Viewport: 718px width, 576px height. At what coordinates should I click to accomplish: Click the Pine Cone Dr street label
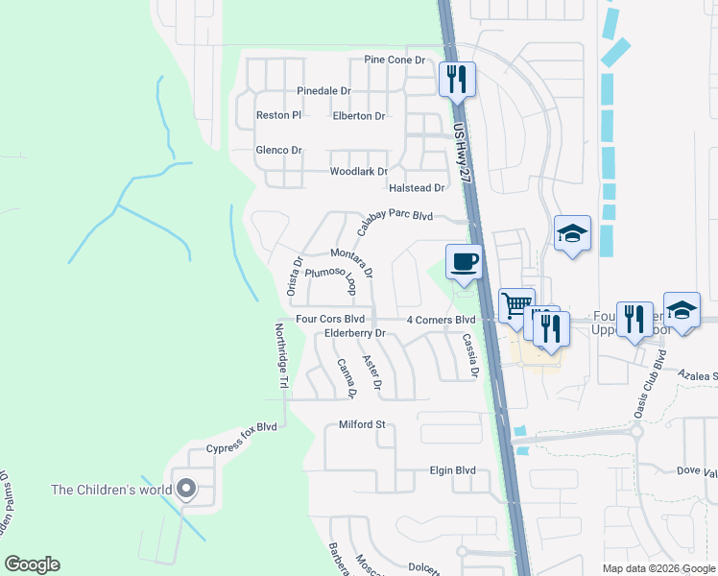[x=394, y=60]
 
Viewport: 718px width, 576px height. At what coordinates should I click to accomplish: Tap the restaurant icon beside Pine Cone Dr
[x=457, y=78]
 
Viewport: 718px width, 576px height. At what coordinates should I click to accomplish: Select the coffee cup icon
[x=465, y=262]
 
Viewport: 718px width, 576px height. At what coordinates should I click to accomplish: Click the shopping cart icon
[x=516, y=306]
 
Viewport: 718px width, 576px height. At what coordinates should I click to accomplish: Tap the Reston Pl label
[x=278, y=115]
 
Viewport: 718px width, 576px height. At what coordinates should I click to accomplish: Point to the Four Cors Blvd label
[x=330, y=319]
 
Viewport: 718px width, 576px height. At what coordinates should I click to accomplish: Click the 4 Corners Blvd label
[x=442, y=319]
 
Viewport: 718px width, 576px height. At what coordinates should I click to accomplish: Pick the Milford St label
[x=362, y=424]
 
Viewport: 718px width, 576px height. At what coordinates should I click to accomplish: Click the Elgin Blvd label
[x=451, y=471]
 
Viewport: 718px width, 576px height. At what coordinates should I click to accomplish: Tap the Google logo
[x=32, y=564]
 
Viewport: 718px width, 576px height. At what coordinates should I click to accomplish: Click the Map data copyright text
[x=658, y=568]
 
